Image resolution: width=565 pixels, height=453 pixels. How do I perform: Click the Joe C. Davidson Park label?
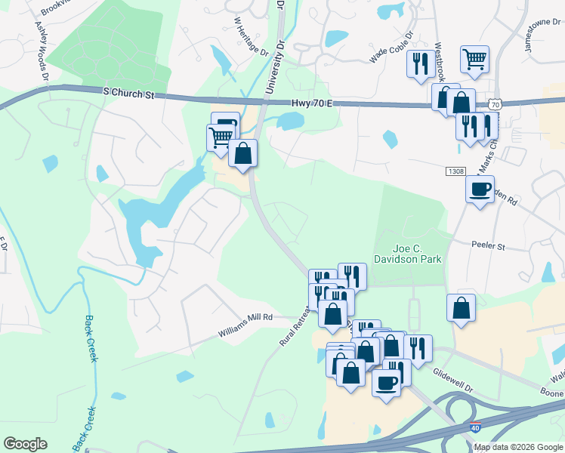coord(416,253)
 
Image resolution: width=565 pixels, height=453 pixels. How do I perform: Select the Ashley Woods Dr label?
coord(41,50)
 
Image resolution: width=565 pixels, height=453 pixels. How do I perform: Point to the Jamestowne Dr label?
coord(539,36)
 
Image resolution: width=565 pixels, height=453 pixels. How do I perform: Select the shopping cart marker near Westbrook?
coord(474,59)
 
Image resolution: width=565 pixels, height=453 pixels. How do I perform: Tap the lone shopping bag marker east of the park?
coord(461,307)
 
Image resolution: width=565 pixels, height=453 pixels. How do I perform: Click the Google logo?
coord(25,444)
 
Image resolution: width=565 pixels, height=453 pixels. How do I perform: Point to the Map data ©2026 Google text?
coord(518,447)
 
